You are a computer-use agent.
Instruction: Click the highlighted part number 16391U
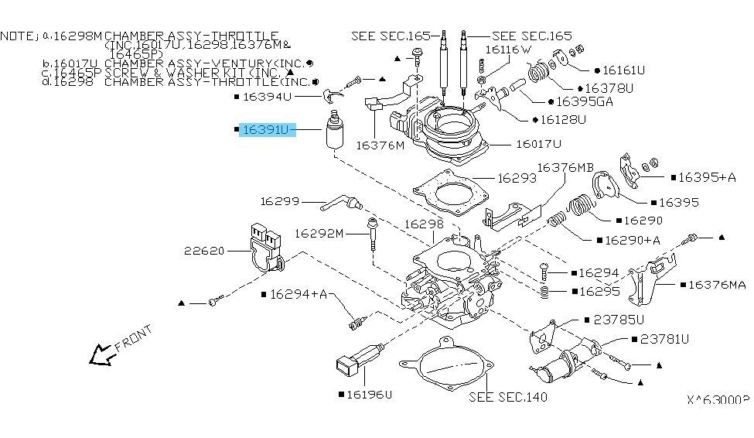point(267,131)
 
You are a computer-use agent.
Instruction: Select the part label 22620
point(204,250)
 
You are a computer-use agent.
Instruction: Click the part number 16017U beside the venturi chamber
point(538,144)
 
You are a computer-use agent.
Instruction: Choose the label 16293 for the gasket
point(517,178)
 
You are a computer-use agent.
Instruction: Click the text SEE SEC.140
point(508,397)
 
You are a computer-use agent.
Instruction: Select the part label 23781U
point(664,339)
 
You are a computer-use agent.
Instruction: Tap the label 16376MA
point(717,285)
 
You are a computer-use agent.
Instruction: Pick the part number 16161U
point(624,70)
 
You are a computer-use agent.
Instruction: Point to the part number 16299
point(279,201)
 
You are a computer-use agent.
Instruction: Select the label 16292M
point(319,232)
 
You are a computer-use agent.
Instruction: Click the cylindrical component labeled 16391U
point(336,135)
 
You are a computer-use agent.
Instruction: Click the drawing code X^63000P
point(718,400)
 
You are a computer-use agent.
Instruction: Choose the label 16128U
point(565,120)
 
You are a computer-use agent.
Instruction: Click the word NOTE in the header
point(18,36)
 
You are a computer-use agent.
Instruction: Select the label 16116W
point(509,50)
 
